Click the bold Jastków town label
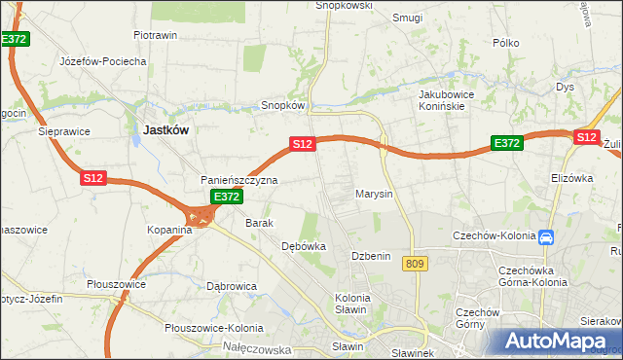[x=166, y=128]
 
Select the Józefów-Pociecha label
[x=103, y=61]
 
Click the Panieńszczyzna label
[x=239, y=181]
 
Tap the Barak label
[x=259, y=223]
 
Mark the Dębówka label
[x=303, y=247]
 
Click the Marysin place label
[x=374, y=194]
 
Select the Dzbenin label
[x=371, y=256]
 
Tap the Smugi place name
[x=407, y=18]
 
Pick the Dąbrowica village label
[x=232, y=286]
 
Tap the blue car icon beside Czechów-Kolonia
[x=546, y=236]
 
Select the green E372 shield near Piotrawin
[x=16, y=39]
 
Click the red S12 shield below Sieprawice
[x=92, y=178]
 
